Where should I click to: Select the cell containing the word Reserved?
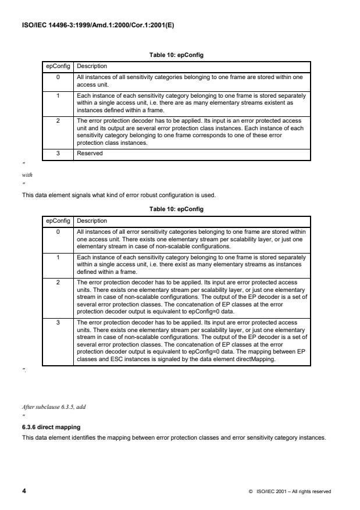(90, 153)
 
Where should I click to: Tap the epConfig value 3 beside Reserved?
(58, 153)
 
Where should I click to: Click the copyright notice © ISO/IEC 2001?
(289, 492)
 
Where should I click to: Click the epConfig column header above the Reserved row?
(58, 66)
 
